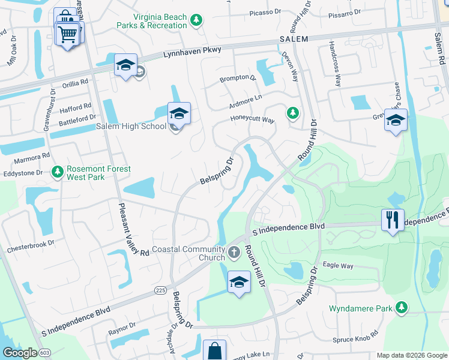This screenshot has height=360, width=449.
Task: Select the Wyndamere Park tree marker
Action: (401, 308)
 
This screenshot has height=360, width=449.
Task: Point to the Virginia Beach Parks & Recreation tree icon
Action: (196, 22)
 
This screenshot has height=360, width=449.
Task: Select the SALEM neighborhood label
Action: (294, 39)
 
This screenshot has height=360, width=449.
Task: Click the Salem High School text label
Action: (131, 126)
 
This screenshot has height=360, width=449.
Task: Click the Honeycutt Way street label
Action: (253, 119)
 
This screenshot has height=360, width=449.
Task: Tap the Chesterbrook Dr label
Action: (31, 246)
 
